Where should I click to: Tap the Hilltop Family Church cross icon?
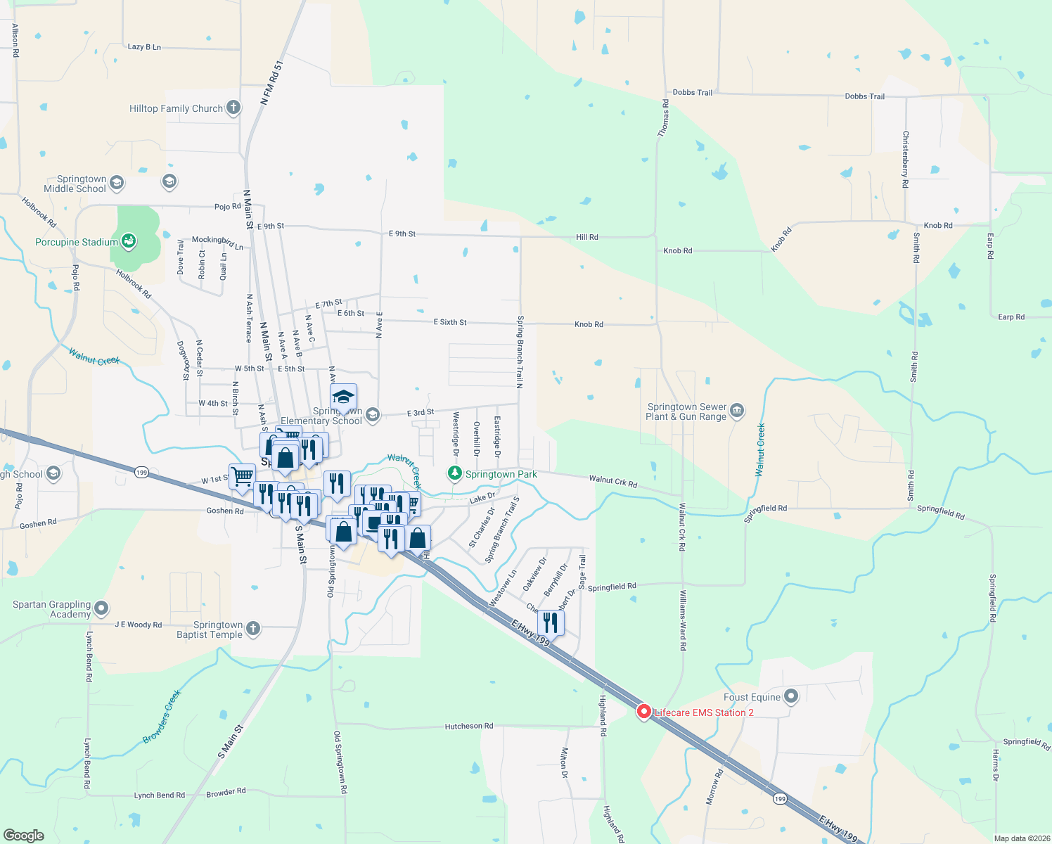point(233,108)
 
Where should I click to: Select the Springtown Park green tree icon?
point(455,474)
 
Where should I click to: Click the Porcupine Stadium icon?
point(129,242)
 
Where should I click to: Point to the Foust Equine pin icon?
point(791,697)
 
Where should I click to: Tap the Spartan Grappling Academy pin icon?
point(102,608)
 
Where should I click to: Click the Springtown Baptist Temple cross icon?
point(253,629)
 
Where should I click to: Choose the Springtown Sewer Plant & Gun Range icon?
point(737,411)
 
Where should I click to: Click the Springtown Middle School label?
point(75,184)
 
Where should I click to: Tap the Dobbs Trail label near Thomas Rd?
point(692,92)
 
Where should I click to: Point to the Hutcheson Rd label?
point(469,726)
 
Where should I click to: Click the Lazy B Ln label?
point(144,47)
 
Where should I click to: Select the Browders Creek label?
point(162,716)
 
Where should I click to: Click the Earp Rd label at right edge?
point(1011,317)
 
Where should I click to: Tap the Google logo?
point(24,835)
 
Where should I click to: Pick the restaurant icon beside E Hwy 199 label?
point(551,623)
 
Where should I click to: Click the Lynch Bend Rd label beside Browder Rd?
point(160,795)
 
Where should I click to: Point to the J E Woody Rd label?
point(139,625)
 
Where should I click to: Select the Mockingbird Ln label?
point(217,243)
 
